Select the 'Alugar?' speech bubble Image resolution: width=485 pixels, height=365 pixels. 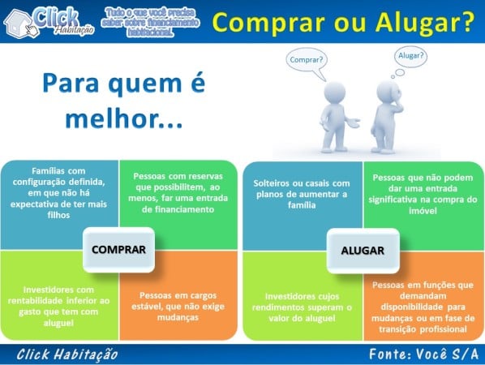[x=412, y=56]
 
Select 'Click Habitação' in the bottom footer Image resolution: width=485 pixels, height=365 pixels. [x=67, y=354]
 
